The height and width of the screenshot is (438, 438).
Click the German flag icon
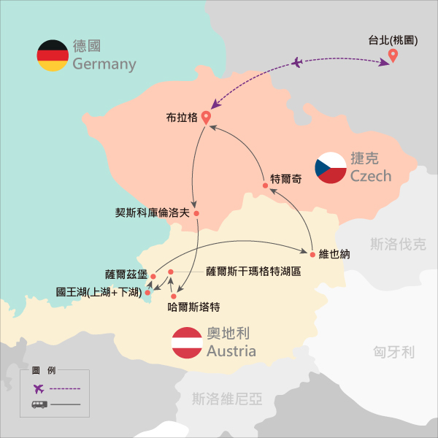(53, 55)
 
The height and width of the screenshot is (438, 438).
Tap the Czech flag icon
(331, 168)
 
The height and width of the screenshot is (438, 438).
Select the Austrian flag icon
(186, 343)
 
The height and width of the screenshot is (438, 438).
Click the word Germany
(104, 64)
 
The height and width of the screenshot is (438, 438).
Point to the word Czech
(371, 176)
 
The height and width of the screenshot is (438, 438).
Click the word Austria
(231, 351)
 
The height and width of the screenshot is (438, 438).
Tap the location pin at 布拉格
(206, 116)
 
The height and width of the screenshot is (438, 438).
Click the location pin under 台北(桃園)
(393, 55)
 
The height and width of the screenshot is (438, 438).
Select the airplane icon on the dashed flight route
(296, 63)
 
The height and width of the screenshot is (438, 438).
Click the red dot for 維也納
(312, 255)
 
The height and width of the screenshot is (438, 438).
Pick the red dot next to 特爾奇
(266, 185)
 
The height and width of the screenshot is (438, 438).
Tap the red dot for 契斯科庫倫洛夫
(196, 213)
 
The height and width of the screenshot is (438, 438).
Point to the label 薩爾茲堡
(126, 275)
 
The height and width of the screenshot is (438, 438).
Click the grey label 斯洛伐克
(398, 244)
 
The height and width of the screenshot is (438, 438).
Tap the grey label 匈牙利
(393, 353)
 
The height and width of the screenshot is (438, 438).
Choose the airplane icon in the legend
(38, 388)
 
